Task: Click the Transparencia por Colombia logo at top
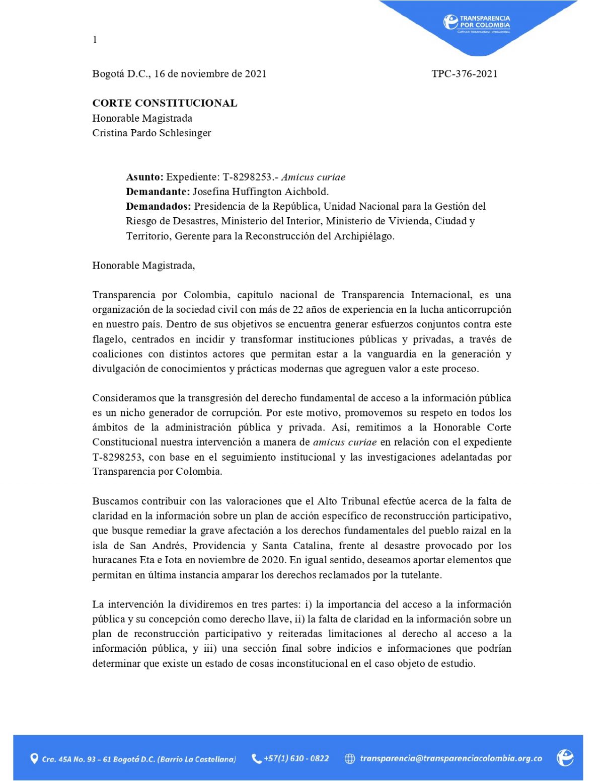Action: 477,23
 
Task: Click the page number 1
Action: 95,40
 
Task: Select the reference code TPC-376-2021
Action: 464,74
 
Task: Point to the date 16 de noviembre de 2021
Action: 210,74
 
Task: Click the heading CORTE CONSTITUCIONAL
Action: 165,103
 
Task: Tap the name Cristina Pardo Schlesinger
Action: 152,133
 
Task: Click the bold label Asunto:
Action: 144,177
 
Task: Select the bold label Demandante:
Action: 158,192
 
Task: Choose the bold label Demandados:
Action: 159,206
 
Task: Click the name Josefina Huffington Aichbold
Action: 260,192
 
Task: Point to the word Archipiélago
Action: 363,236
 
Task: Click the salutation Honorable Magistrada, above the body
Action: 143,266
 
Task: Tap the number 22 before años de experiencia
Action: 297,309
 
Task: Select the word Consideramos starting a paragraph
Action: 124,398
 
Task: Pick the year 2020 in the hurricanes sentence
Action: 273,560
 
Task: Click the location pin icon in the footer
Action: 34,758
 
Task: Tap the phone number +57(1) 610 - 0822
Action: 296,758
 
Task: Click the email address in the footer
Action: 450,758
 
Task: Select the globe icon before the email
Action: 350,759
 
